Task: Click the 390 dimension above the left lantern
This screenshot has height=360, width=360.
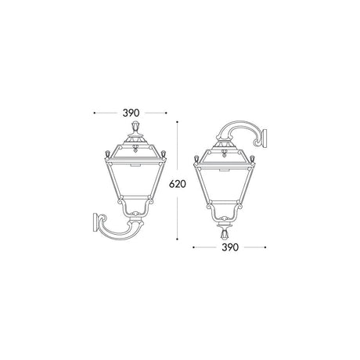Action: click(x=131, y=113)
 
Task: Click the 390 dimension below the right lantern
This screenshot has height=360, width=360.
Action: click(x=230, y=247)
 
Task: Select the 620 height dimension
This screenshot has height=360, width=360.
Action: click(x=178, y=184)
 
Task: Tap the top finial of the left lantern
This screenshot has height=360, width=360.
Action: click(x=135, y=127)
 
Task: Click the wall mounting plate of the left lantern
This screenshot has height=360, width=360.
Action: click(x=95, y=222)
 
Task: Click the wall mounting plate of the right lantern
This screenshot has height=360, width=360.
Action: click(x=265, y=139)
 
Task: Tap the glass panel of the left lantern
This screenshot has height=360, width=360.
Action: click(x=135, y=180)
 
